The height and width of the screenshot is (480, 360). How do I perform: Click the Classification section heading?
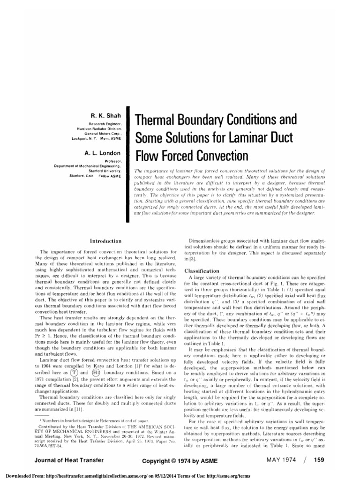pos(202,271)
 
